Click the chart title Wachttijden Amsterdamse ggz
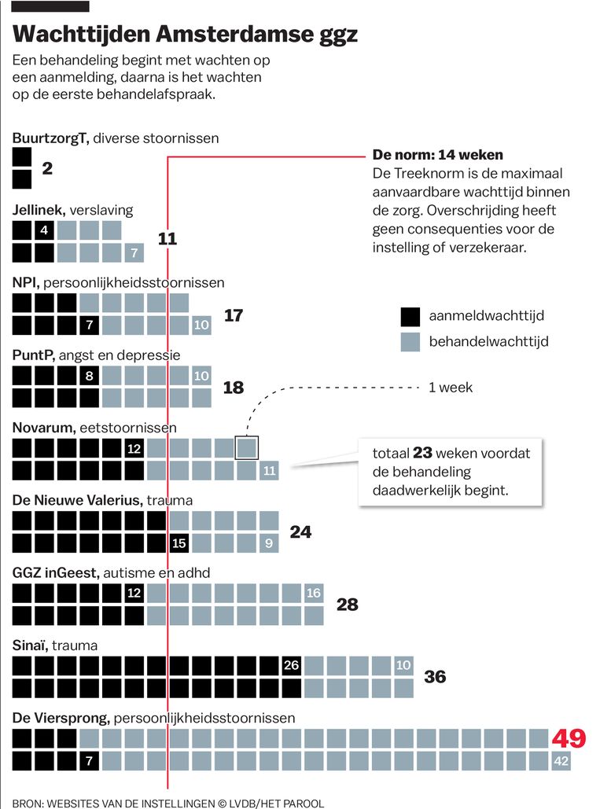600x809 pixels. pos(185,35)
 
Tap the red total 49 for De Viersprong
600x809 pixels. pos(569,738)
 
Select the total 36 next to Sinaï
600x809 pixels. pos(435,676)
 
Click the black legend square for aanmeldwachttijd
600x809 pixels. pos(410,316)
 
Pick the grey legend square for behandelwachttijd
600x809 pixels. pos(410,341)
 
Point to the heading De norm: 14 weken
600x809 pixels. pos(437,155)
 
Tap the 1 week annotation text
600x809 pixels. pos(451,388)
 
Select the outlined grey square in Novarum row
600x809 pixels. pos(247,448)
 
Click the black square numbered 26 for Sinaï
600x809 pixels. pos(292,665)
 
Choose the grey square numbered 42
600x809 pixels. pos(561,761)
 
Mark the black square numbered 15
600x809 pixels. pos(179,542)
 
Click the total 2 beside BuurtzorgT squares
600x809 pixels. pos(47,167)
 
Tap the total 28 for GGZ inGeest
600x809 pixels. pos(347,604)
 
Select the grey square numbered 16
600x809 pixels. pos(314,593)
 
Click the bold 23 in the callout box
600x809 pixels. pos(422,454)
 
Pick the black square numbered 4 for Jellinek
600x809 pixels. pos(45,230)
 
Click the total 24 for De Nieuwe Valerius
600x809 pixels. pos(300,532)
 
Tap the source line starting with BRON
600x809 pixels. pos(167,803)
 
